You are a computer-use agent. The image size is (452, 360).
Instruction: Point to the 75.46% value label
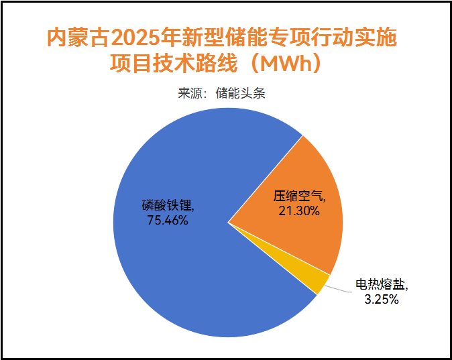pyautogui.click(x=167, y=219)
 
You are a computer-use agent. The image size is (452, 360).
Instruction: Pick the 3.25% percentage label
pyautogui.click(x=382, y=300)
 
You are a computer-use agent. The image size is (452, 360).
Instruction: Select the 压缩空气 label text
pyautogui.click(x=298, y=196)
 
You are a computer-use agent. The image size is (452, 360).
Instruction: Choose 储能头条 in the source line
pyautogui.click(x=241, y=93)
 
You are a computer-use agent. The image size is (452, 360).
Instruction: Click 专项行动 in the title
pyautogui.click(x=313, y=36)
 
